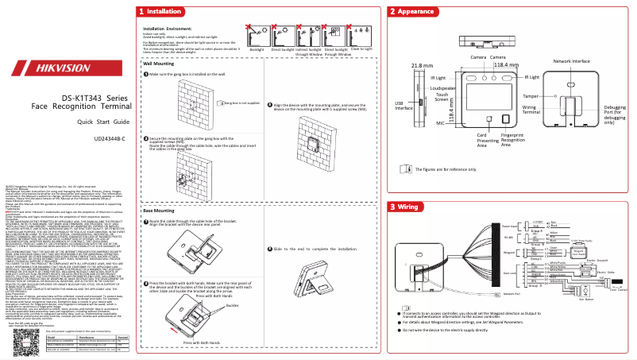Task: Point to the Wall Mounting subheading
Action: coord(159,62)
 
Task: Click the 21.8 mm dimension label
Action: coord(422,65)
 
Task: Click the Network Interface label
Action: coord(571,60)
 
